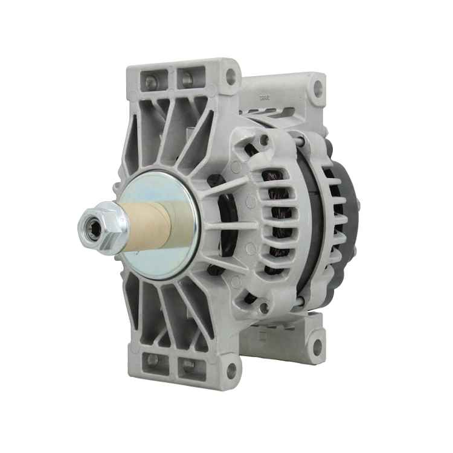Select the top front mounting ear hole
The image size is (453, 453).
pyautogui.click(x=230, y=77)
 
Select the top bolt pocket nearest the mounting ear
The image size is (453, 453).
pyautogui.click(x=186, y=79)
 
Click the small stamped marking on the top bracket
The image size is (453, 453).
pyautogui.click(x=263, y=96)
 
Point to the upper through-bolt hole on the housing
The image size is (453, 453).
pyautogui.click(x=264, y=140)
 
